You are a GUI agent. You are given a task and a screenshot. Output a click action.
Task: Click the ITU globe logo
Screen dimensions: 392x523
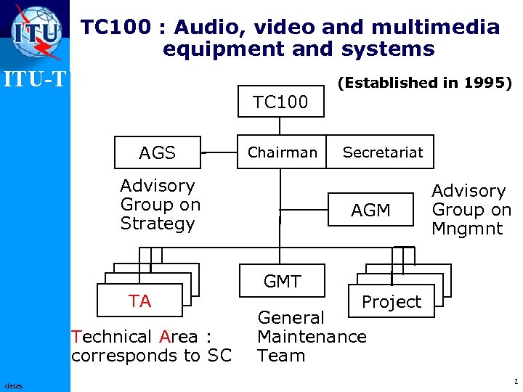(x=35, y=32)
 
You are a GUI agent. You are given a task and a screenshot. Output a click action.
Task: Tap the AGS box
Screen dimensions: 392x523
(x=158, y=152)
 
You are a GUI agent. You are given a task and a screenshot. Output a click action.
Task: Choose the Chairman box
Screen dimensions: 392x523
(x=282, y=152)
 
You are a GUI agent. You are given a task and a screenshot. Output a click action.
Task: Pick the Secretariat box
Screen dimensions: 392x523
(x=382, y=152)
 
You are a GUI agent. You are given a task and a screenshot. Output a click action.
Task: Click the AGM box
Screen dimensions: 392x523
(x=370, y=211)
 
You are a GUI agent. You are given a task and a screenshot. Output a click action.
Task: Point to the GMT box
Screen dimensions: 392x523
(x=282, y=281)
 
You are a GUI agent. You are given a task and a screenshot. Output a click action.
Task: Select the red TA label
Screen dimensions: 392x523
(x=139, y=301)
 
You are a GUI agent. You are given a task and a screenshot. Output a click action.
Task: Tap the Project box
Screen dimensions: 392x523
(x=392, y=302)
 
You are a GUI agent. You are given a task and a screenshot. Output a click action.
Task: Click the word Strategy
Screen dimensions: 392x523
(x=158, y=224)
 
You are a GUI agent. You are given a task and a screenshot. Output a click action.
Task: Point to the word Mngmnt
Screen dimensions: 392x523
(x=468, y=229)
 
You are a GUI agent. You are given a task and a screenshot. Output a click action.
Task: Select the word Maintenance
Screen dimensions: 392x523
(x=312, y=337)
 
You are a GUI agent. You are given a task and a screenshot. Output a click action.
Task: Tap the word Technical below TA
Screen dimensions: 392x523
(x=110, y=337)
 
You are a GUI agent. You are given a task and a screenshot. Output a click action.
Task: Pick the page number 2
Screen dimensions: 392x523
(x=515, y=381)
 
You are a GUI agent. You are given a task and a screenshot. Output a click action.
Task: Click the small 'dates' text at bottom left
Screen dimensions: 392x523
(x=13, y=385)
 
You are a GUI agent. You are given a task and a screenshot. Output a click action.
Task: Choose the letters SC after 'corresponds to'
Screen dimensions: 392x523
(x=219, y=356)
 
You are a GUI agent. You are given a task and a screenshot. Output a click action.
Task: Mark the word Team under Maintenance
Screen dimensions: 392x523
(x=281, y=356)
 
